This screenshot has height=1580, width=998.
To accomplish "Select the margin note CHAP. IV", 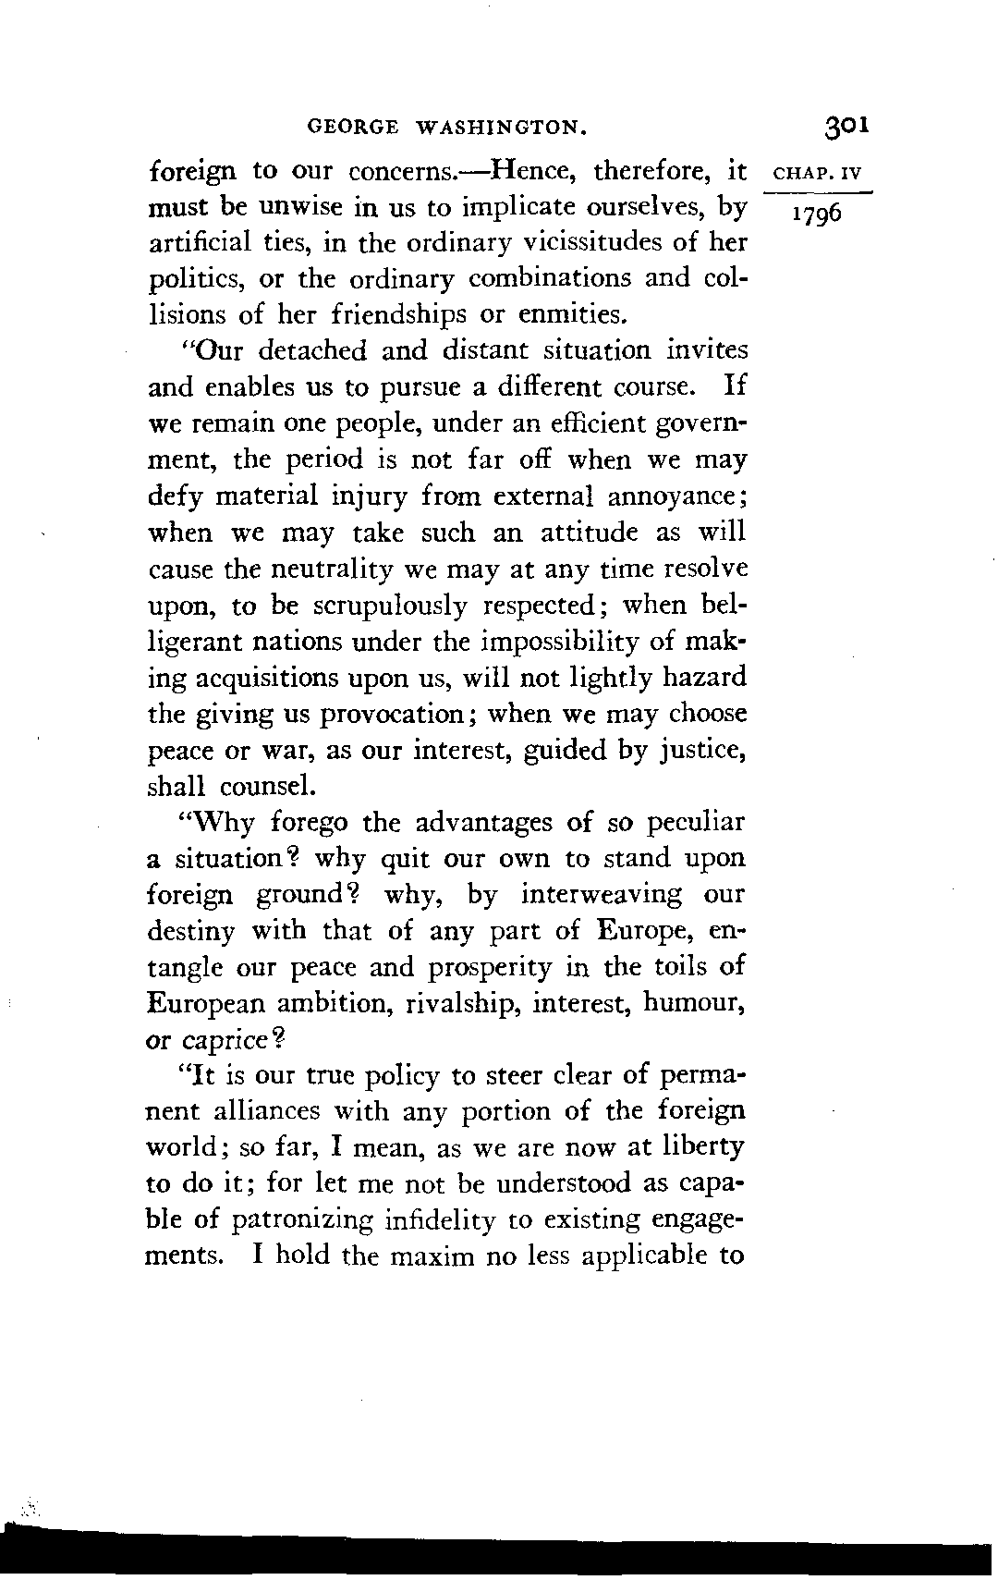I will pos(819,173).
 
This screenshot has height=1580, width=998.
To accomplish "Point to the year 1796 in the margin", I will pos(813,214).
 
